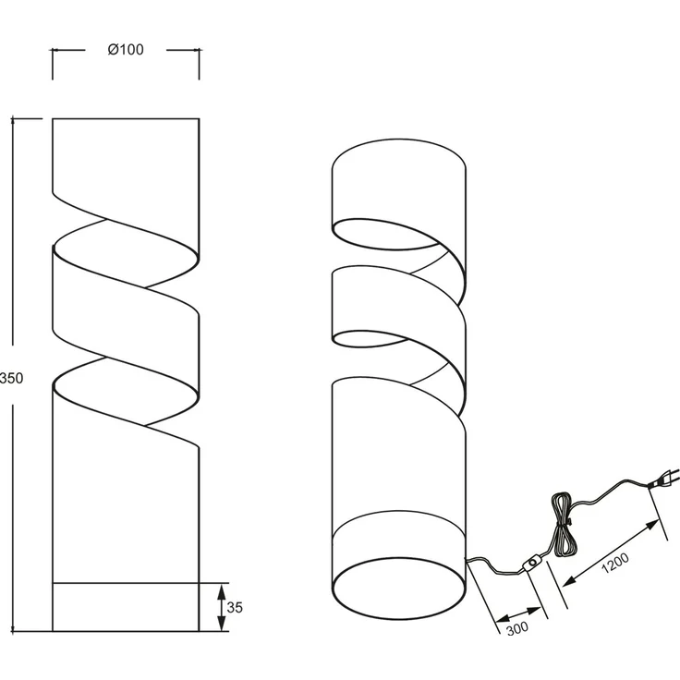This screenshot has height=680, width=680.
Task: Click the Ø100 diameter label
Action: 126,50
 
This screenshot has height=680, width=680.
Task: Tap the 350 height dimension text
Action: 12,378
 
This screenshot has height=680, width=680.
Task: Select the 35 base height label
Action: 235,608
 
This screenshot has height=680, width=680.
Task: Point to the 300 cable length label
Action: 517,628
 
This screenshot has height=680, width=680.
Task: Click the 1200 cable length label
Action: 615,563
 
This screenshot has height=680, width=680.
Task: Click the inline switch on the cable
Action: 532,563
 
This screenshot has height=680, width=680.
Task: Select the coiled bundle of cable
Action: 564,525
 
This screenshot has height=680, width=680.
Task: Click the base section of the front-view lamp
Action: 126,607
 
